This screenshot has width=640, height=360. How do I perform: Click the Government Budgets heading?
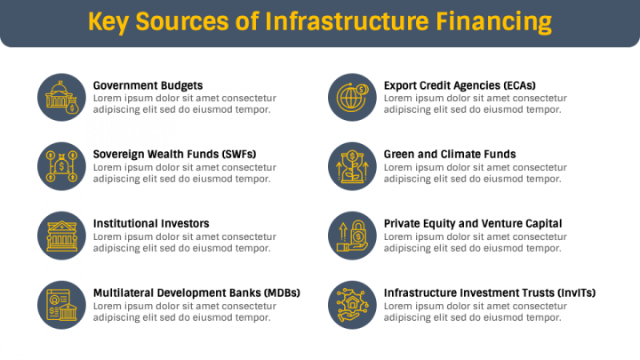[x=148, y=85]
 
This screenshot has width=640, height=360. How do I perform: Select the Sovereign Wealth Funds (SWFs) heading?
[x=174, y=154]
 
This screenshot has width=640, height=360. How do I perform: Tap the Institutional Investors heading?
[x=151, y=223]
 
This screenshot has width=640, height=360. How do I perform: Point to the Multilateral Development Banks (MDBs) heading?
[x=196, y=292]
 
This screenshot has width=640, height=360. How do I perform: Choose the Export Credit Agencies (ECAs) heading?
[x=460, y=85]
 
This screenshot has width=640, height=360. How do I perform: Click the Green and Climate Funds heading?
[x=450, y=154]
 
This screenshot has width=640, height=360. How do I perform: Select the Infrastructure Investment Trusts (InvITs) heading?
[x=490, y=292]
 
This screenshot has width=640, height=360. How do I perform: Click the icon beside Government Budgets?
[x=62, y=97]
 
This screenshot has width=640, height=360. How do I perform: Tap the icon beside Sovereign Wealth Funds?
[x=62, y=166]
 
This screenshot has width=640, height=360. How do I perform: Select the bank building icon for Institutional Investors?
[x=62, y=235]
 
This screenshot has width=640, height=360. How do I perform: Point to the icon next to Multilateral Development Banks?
[x=62, y=304]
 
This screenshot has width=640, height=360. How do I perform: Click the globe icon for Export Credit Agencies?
[x=353, y=97]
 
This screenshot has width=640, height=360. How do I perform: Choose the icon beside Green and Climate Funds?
[x=353, y=166]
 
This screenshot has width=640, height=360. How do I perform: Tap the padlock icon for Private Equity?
[x=353, y=235]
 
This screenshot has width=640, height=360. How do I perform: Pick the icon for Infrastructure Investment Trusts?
[x=353, y=304]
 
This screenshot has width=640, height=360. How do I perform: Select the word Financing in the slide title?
[x=493, y=20]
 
